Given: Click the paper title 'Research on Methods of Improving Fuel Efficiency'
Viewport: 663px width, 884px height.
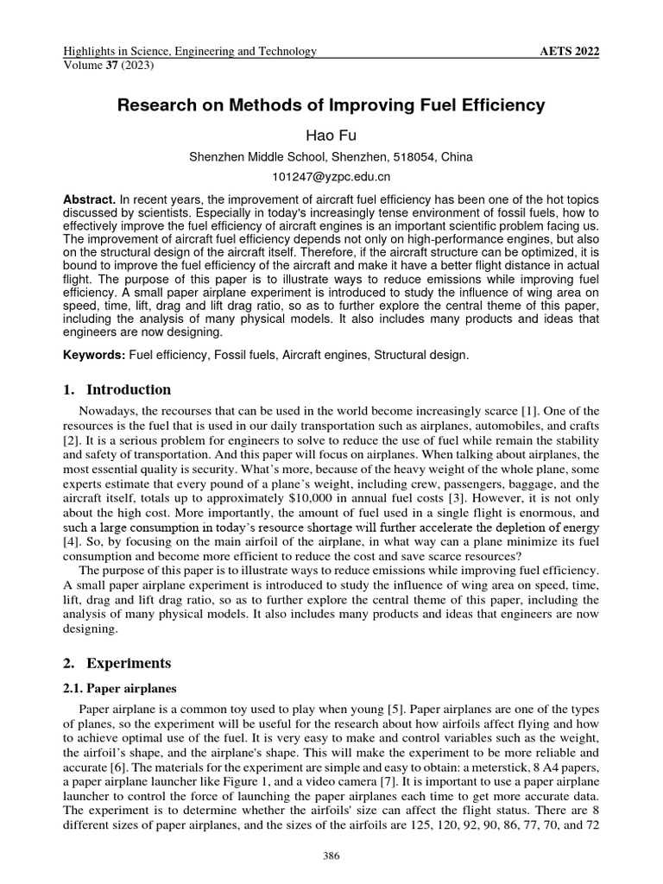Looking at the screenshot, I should point(331,106).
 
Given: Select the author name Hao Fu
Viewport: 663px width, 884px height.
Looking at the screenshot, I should point(331,136).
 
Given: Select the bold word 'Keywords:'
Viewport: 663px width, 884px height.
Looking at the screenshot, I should point(94,356).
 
